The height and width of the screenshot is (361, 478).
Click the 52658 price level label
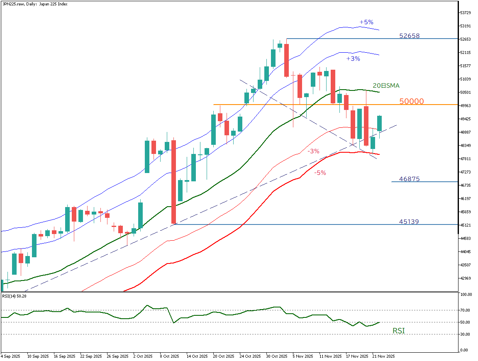click(409, 36)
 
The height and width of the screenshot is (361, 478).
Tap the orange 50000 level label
click(411, 101)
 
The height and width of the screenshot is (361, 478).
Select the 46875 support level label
click(409, 179)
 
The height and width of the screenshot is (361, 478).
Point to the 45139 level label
click(408, 222)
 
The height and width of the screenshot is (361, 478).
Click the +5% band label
click(366, 22)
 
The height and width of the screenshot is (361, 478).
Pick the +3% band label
click(353, 59)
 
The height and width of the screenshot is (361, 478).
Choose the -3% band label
click(313, 151)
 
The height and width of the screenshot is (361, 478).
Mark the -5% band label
click(319, 173)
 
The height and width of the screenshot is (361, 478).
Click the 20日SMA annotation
click(386, 86)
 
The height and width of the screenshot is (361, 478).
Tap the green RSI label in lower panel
click(399, 331)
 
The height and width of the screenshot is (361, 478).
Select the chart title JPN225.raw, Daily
click(34, 4)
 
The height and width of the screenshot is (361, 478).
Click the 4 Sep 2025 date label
click(11, 356)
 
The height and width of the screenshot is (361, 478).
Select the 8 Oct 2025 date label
click(170, 356)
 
